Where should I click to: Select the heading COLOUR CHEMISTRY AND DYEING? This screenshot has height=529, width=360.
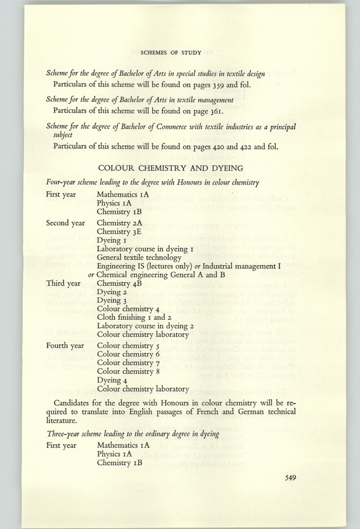[170, 167]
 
